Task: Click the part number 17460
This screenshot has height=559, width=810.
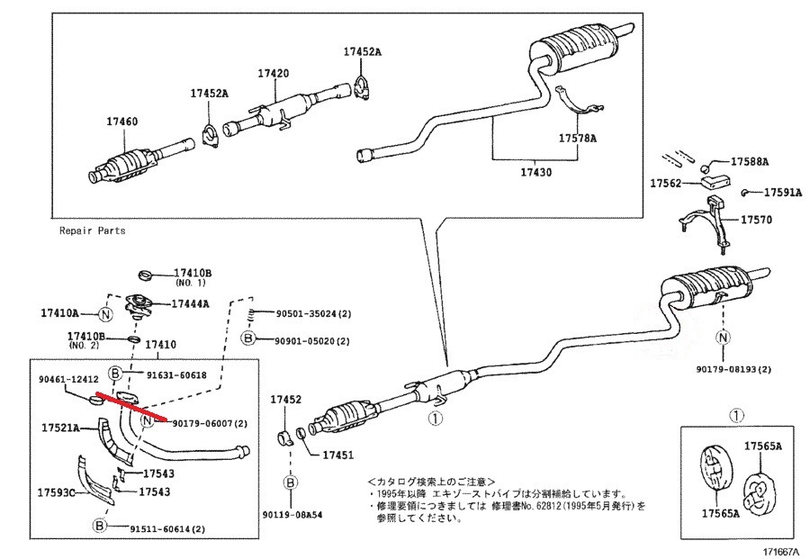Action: click(124, 119)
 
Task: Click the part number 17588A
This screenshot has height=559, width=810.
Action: click(750, 162)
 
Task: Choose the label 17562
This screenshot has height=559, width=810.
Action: click(668, 182)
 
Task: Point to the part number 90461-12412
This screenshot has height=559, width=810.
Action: click(67, 380)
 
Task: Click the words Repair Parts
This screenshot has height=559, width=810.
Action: click(92, 230)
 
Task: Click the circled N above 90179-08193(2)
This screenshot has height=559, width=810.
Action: click(722, 338)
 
